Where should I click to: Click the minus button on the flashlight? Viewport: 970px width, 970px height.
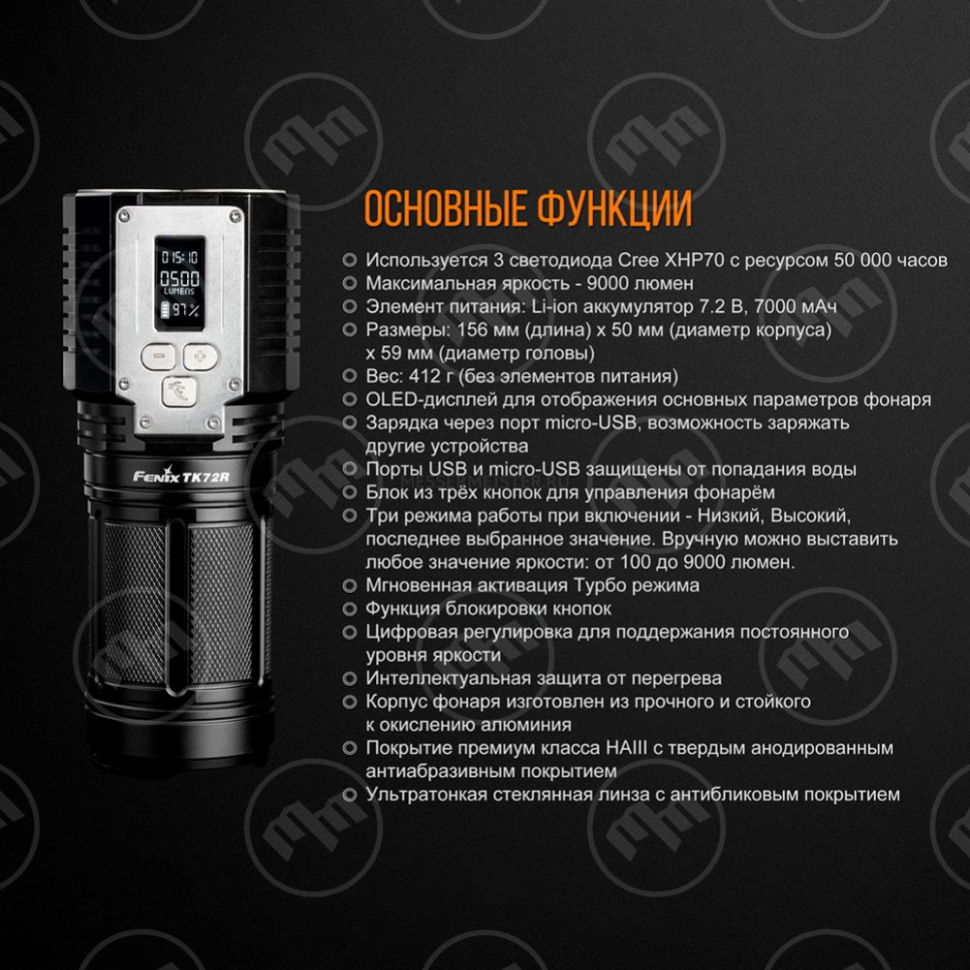coord(159,357)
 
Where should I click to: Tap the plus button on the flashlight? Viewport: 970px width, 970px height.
coord(201,357)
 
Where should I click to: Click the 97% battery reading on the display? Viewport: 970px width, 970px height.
coord(185,310)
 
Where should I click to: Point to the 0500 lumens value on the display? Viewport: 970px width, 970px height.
coord(180,278)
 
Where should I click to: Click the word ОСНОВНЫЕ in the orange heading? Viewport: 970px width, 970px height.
coord(445,208)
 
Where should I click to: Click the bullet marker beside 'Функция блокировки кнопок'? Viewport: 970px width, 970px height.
coord(349,609)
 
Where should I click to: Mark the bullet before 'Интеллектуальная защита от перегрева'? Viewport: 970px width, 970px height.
coord(349,678)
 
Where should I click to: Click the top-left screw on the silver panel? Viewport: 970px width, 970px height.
coord(125,216)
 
